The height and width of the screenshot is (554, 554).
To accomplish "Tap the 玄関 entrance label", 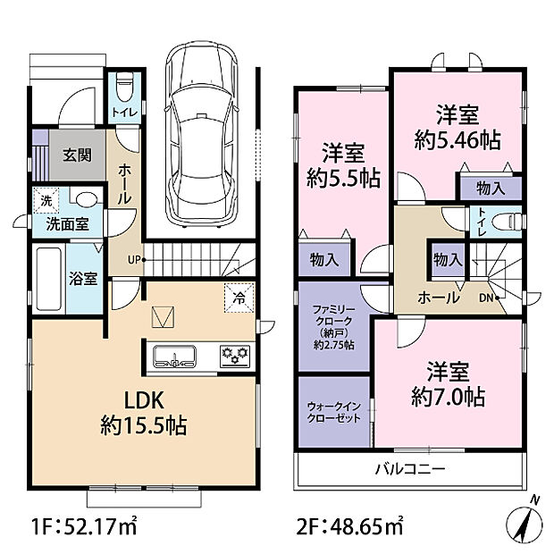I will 76,155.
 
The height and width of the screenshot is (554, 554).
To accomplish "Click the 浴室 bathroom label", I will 84,278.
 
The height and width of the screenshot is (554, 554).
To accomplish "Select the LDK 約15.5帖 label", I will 143,412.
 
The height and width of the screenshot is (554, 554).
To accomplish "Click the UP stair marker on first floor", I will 134,260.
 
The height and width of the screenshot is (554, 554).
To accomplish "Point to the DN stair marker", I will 487,297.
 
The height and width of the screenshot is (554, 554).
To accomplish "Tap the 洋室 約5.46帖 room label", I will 457,127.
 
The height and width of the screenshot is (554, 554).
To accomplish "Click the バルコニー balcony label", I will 409,467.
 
